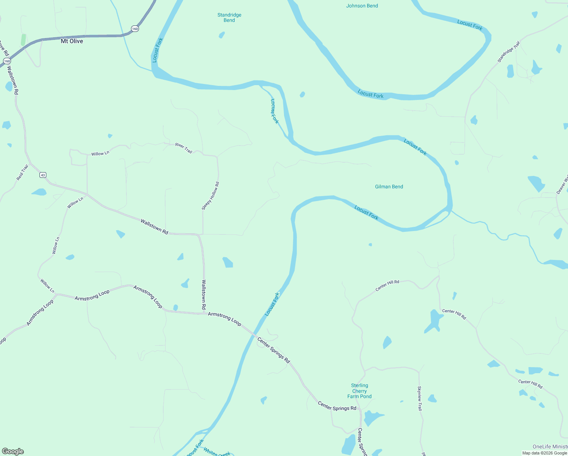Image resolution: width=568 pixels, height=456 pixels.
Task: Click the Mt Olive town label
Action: (72, 41)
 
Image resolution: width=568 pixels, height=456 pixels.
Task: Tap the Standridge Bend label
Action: (229, 17)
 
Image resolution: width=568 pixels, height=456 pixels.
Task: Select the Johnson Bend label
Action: (362, 6)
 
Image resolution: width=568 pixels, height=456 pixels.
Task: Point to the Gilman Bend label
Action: (389, 187)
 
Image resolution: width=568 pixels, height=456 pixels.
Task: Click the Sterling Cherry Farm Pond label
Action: (359, 391)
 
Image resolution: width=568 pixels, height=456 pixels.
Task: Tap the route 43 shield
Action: (43, 175)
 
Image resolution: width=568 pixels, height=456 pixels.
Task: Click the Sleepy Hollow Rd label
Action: (210, 196)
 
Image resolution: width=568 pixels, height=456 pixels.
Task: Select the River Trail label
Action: (184, 148)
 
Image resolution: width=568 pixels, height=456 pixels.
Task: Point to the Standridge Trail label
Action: (508, 52)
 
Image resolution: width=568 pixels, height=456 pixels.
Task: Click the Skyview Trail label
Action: (420, 398)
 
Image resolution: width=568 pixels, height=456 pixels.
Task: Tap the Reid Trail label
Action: (22, 172)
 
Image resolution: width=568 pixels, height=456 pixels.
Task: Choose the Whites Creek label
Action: (216, 452)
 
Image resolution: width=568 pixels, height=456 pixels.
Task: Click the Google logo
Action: (13, 451)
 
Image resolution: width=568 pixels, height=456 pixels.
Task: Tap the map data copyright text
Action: (544, 453)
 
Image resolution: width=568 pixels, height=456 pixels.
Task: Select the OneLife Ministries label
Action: (550, 446)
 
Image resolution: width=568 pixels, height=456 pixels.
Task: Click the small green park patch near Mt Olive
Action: (24, 40)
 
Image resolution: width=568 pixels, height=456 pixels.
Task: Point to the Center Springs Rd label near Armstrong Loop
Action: (273, 350)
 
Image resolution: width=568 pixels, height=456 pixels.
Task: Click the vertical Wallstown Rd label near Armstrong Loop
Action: (204, 294)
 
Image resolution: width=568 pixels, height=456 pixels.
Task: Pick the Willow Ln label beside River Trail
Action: (100, 153)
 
